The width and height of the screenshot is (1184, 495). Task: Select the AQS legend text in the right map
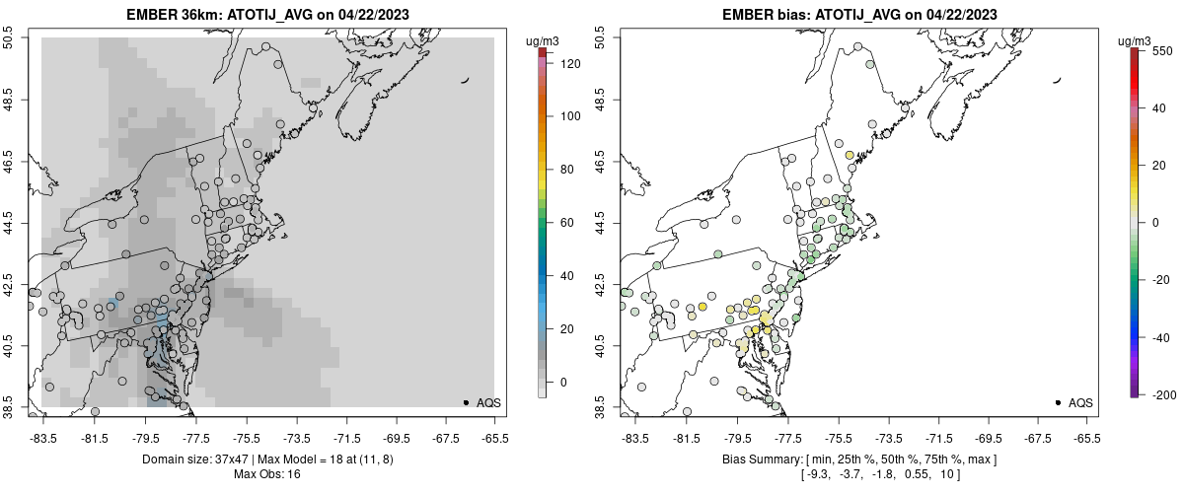[1080, 402]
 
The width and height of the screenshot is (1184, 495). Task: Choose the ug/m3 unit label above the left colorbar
[544, 40]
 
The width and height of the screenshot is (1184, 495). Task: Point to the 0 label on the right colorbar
[1154, 222]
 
